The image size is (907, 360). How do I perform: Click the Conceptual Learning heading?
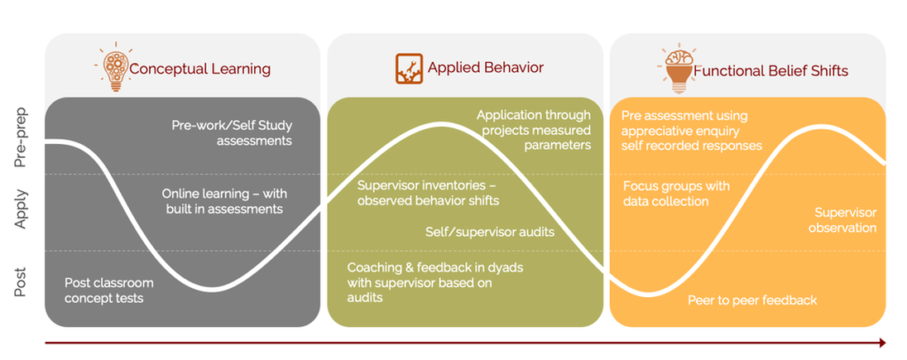coord(199,70)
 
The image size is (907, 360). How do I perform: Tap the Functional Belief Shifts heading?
coord(770,70)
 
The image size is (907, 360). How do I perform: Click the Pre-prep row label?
coord(22,137)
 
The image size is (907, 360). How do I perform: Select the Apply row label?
coord(22,210)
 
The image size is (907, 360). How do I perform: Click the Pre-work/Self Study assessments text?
coord(232,133)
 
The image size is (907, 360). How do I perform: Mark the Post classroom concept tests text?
coord(108,290)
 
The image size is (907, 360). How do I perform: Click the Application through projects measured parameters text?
coord(534,130)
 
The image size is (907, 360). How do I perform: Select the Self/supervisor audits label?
coord(489,232)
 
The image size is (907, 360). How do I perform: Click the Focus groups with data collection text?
coord(676,194)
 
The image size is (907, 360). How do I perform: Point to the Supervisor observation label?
coord(845,219)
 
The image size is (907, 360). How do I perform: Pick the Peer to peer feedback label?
coord(752,300)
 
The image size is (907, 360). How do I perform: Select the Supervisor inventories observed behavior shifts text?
coord(428,193)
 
